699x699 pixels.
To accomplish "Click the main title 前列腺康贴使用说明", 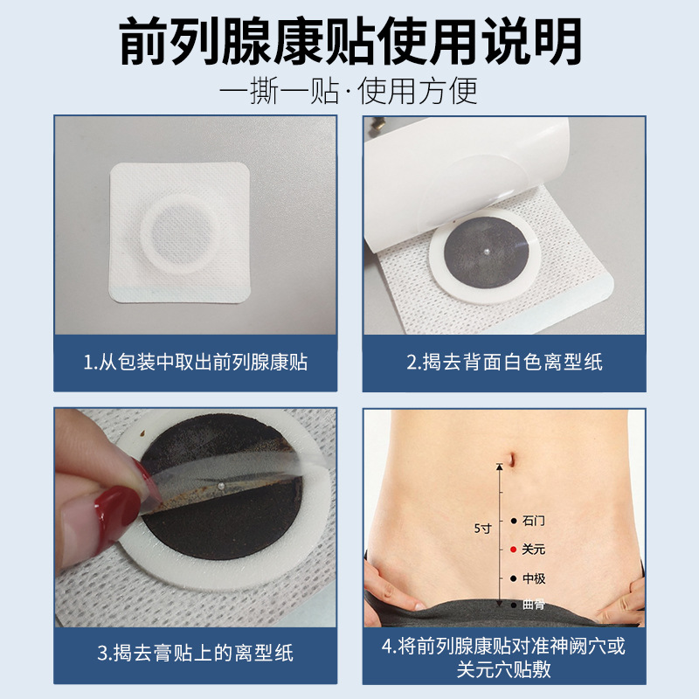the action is [x=350, y=41].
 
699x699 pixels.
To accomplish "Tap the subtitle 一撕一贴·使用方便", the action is [x=349, y=91].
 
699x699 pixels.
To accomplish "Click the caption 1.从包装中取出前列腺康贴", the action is [x=195, y=362].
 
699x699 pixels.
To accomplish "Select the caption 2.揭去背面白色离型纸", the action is [x=504, y=362].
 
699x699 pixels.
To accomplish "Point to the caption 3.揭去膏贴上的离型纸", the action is [x=195, y=653].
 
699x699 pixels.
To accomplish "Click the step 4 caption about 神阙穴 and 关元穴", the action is [x=504, y=657].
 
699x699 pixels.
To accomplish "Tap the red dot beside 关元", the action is [x=513, y=550].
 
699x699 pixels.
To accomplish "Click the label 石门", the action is [x=534, y=520].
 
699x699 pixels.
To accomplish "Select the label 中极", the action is [x=534, y=578].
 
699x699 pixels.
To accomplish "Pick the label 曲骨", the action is [x=534, y=605].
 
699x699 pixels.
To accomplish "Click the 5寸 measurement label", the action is [x=482, y=529].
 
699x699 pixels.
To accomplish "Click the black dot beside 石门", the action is [x=514, y=521].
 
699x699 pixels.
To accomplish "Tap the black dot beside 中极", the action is [x=514, y=578].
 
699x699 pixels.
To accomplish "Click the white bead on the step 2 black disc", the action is [x=487, y=253].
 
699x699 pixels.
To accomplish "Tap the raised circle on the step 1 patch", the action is [x=180, y=233].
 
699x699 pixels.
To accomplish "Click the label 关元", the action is [x=534, y=550].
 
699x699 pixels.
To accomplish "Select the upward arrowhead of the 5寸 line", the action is [x=500, y=467].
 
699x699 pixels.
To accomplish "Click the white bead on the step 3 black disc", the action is [x=220, y=485].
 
